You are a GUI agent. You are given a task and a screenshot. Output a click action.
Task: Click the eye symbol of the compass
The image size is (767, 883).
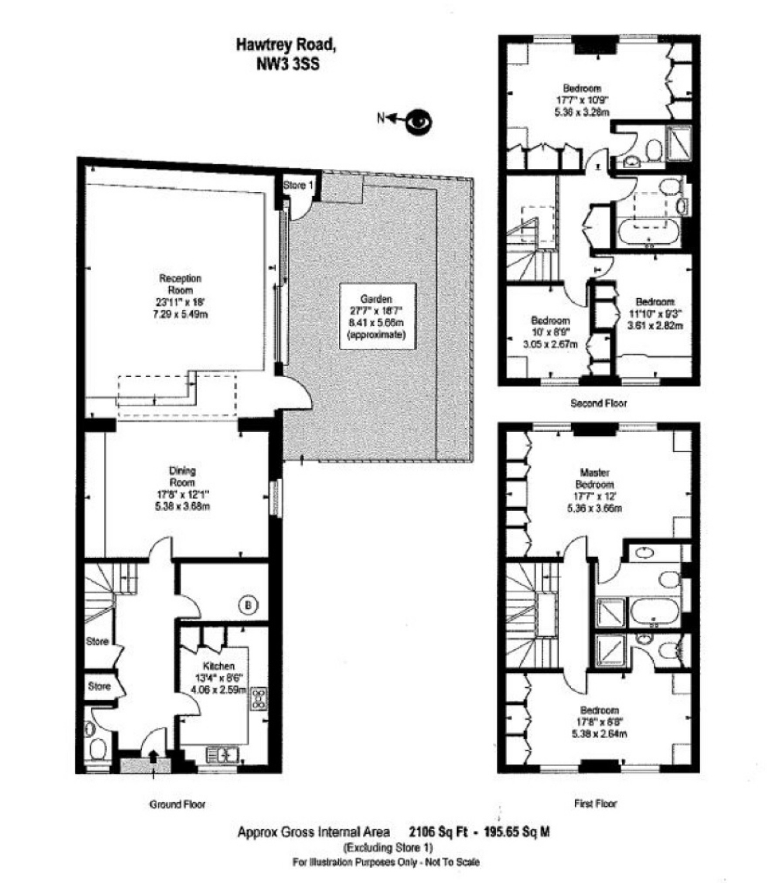[419, 122]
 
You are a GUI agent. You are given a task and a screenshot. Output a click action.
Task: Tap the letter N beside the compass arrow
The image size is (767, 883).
[381, 118]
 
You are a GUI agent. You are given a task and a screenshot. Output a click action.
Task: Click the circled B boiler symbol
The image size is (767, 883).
[248, 605]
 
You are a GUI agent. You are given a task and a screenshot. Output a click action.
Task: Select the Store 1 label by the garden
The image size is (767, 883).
[298, 185]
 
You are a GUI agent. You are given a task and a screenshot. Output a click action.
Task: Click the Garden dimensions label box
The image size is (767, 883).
[378, 316]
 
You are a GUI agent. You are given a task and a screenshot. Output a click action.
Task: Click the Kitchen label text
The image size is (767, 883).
[218, 666]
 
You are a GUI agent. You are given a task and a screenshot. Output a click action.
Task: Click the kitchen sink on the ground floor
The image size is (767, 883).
[223, 754]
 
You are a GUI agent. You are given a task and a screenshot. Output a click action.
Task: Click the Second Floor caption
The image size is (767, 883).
[598, 403]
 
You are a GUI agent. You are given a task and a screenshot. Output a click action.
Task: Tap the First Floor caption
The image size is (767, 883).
[595, 803]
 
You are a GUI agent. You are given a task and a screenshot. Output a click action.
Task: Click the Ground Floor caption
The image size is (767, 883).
[177, 805]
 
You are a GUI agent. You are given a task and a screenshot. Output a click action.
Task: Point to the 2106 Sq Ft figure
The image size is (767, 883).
[438, 832]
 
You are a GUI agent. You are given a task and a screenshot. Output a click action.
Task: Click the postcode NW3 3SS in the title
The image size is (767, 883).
[288, 65]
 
